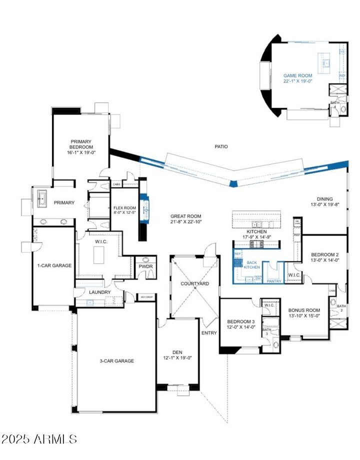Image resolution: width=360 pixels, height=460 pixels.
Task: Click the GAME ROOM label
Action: [297, 76]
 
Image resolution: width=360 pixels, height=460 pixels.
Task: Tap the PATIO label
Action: [221, 146]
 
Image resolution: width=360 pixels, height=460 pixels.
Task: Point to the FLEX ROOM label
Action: [124, 208]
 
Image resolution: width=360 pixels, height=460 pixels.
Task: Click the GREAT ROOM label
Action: [185, 215]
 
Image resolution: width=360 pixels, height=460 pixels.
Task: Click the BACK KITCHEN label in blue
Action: [251, 265]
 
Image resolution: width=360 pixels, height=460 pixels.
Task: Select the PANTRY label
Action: [274, 281]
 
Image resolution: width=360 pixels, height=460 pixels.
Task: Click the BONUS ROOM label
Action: [304, 310]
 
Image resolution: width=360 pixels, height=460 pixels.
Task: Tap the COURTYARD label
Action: [194, 283]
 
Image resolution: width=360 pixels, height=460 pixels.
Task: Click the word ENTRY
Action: [209, 332]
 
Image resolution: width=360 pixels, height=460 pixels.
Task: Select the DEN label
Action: [177, 351]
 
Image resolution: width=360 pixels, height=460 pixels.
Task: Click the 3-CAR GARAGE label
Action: [116, 360]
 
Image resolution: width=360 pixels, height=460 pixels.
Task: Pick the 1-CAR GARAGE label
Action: [54, 265]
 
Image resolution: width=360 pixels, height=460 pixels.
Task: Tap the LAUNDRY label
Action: [99, 292]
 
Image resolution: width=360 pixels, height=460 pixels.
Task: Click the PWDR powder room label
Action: [145, 266]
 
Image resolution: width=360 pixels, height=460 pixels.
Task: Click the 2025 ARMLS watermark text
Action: [39, 439]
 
